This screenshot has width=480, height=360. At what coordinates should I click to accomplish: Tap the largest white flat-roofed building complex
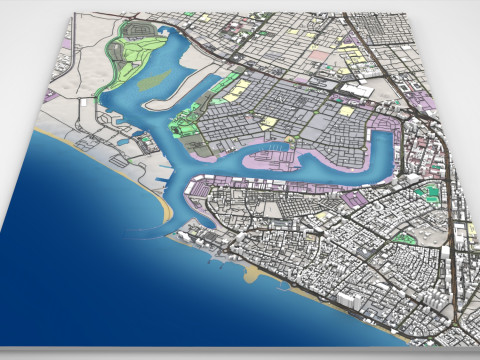tap(355, 89)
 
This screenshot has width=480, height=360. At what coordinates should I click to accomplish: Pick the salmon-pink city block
tap(318, 58)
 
